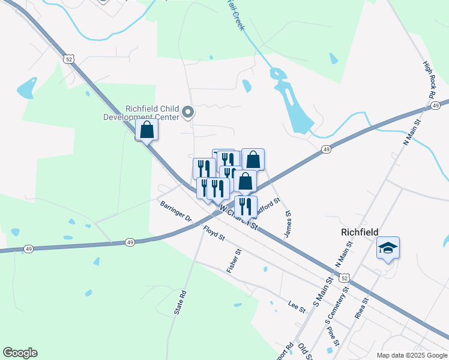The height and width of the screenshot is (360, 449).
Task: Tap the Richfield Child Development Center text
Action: [x=152, y=113]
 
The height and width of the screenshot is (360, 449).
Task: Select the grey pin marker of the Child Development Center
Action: [x=188, y=112]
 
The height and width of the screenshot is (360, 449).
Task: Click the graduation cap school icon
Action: [x=388, y=248]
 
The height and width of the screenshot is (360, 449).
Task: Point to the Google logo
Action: [x=20, y=353]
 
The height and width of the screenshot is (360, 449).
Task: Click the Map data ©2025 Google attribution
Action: [x=411, y=355]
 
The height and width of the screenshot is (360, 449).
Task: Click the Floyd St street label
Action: [x=213, y=233]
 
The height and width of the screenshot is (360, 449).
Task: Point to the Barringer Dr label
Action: [x=175, y=212]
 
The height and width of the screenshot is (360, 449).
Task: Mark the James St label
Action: [x=288, y=224]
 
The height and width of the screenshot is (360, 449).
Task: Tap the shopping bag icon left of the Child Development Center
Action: [x=147, y=130]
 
